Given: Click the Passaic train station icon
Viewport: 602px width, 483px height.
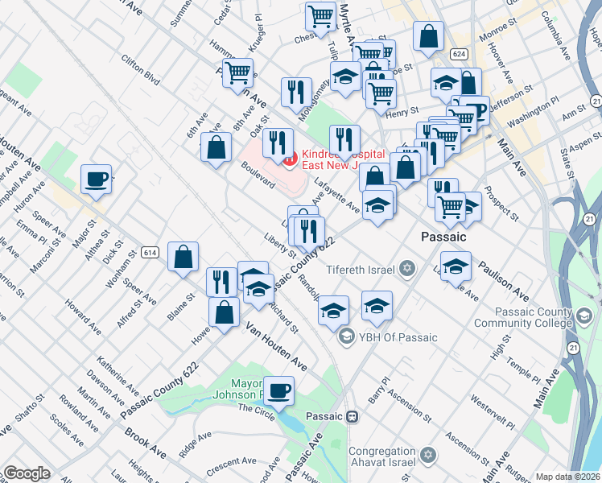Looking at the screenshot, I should coord(353,417).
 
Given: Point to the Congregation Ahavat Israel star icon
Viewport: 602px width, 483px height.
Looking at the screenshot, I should coord(428,456).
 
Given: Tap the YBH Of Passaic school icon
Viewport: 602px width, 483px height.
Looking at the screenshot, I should coord(347,336).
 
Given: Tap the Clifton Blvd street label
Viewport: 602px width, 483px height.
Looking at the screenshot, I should coord(141,70).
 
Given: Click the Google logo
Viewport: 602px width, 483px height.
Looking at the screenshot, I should coord(27,473).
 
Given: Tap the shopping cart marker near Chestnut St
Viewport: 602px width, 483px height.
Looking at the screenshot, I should coord(320,16).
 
